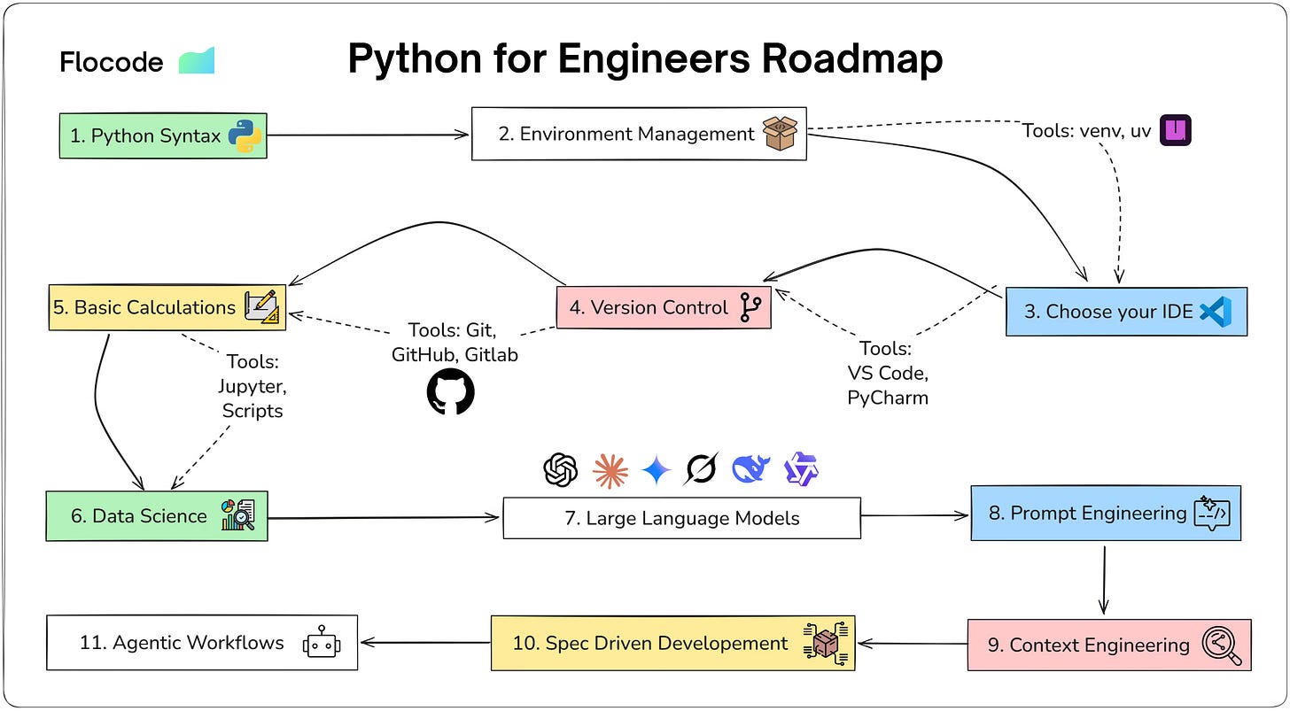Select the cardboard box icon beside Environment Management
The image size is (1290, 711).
(x=781, y=133)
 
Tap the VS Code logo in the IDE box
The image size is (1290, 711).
(x=1216, y=311)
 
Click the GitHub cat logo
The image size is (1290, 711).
(x=451, y=391)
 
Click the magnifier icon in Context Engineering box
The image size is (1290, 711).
(x=1223, y=645)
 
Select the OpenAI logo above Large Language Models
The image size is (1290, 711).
(x=560, y=469)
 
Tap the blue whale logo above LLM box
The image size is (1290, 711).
(x=750, y=469)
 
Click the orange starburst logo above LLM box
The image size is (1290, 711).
(x=610, y=469)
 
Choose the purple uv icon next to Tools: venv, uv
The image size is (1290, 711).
(x=1176, y=131)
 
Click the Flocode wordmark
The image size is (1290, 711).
(x=112, y=62)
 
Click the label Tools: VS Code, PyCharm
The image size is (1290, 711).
(x=887, y=373)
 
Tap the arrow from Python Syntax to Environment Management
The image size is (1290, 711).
(x=368, y=135)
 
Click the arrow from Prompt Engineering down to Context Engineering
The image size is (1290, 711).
(x=1104, y=579)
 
